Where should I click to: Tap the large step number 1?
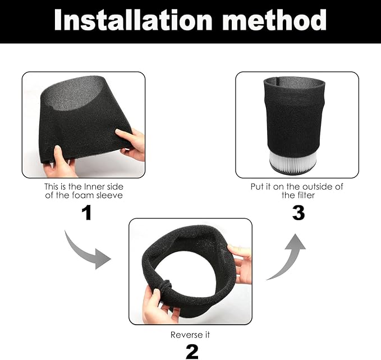(x=86, y=212)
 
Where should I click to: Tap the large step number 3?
(x=298, y=212)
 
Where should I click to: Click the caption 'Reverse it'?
(x=191, y=334)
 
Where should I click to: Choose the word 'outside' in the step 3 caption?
(x=314, y=186)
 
